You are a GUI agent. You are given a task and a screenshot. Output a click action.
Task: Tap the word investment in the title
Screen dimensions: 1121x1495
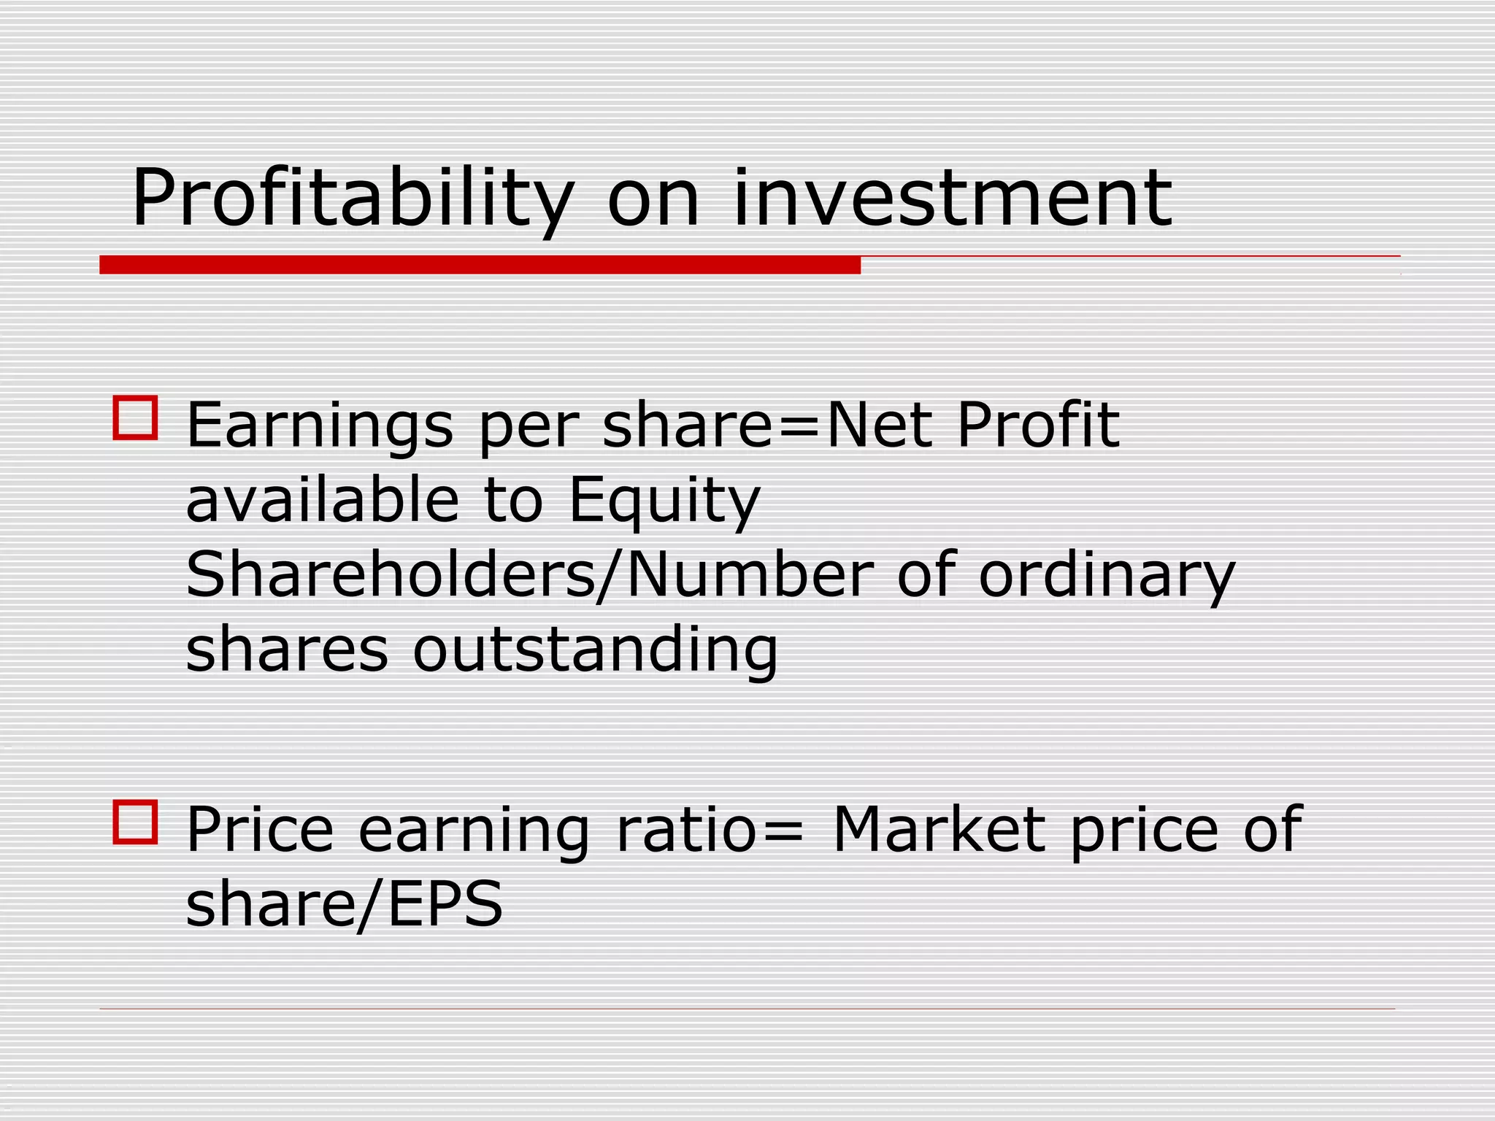(x=953, y=199)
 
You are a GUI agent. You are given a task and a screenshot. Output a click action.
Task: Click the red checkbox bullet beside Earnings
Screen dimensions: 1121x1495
(x=136, y=418)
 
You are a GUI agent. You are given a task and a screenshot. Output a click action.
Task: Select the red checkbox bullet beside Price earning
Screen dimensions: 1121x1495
(x=136, y=822)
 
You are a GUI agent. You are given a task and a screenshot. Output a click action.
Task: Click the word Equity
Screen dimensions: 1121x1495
(x=664, y=502)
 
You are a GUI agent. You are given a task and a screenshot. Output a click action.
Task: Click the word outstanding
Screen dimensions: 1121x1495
(x=596, y=650)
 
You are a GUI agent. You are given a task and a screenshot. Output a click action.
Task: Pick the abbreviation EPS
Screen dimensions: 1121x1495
(x=445, y=904)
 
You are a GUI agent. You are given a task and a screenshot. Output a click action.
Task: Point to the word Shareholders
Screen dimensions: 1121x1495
(x=391, y=575)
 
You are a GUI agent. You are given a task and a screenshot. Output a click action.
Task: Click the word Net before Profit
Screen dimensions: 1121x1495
(x=879, y=425)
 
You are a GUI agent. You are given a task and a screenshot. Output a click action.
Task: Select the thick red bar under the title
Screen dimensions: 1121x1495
(x=480, y=265)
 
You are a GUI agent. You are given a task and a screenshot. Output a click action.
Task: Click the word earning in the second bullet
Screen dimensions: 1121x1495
(x=474, y=833)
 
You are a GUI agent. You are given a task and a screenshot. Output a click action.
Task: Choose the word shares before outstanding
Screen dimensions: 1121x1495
(x=287, y=650)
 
